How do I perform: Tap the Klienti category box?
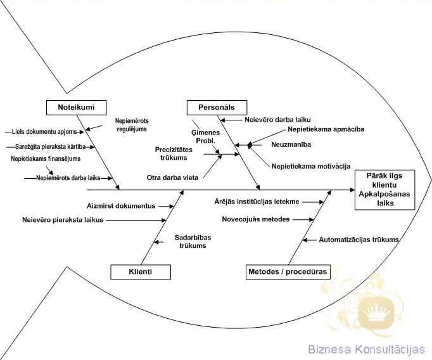pyautogui.click(x=141, y=273)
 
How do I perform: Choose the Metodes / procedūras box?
pyautogui.click(x=288, y=273)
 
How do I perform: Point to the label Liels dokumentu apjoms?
pyautogui.click(x=48, y=132)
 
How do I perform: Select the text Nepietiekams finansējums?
pyautogui.click(x=46, y=158)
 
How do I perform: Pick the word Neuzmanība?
pyautogui.click(x=291, y=145)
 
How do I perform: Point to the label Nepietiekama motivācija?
pyautogui.click(x=311, y=165)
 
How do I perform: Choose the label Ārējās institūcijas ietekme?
pyautogui.click(x=257, y=202)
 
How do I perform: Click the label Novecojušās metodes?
pyautogui.click(x=256, y=219)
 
